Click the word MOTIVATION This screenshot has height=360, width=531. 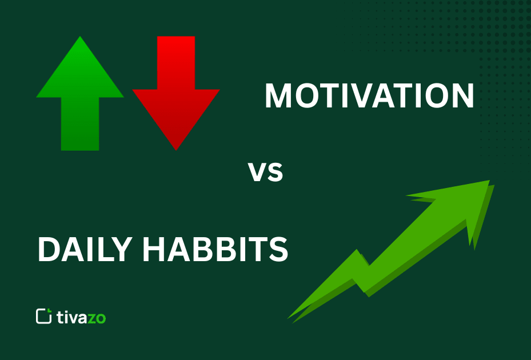point(369,96)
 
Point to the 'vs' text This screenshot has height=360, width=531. point(265,171)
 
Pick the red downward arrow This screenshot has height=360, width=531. point(176,91)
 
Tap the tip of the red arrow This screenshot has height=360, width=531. point(176,148)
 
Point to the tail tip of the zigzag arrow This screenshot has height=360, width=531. point(290,317)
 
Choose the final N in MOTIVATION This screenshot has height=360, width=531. point(461,96)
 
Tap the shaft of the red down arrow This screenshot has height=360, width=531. point(176,63)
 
